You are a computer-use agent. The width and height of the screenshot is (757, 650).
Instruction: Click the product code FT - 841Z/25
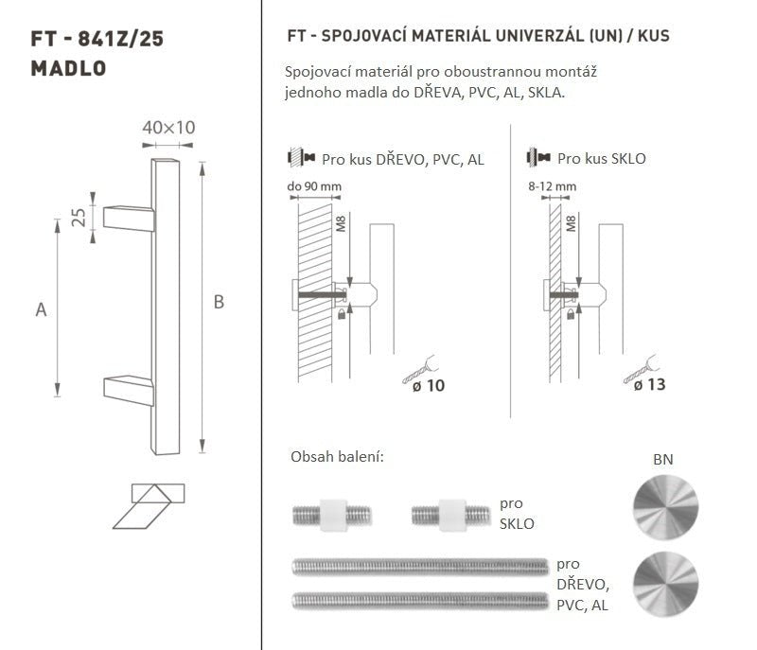coord(97,39)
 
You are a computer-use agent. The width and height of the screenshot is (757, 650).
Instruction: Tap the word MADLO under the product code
coord(68,68)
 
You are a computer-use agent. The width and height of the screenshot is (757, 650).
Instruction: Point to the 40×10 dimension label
coord(168,128)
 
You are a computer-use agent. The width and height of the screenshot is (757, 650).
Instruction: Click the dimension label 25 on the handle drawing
coord(79,218)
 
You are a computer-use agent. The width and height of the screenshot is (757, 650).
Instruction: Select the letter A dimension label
coord(41,309)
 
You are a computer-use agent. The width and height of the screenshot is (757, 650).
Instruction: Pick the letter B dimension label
coord(219,302)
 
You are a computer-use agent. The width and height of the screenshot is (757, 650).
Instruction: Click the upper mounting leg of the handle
coord(129,219)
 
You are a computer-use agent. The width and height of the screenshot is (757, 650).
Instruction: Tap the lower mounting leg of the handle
coord(129,390)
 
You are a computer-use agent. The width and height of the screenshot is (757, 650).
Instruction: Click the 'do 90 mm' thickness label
coord(314,186)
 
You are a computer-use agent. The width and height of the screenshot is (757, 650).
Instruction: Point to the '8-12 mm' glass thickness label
coord(553,186)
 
